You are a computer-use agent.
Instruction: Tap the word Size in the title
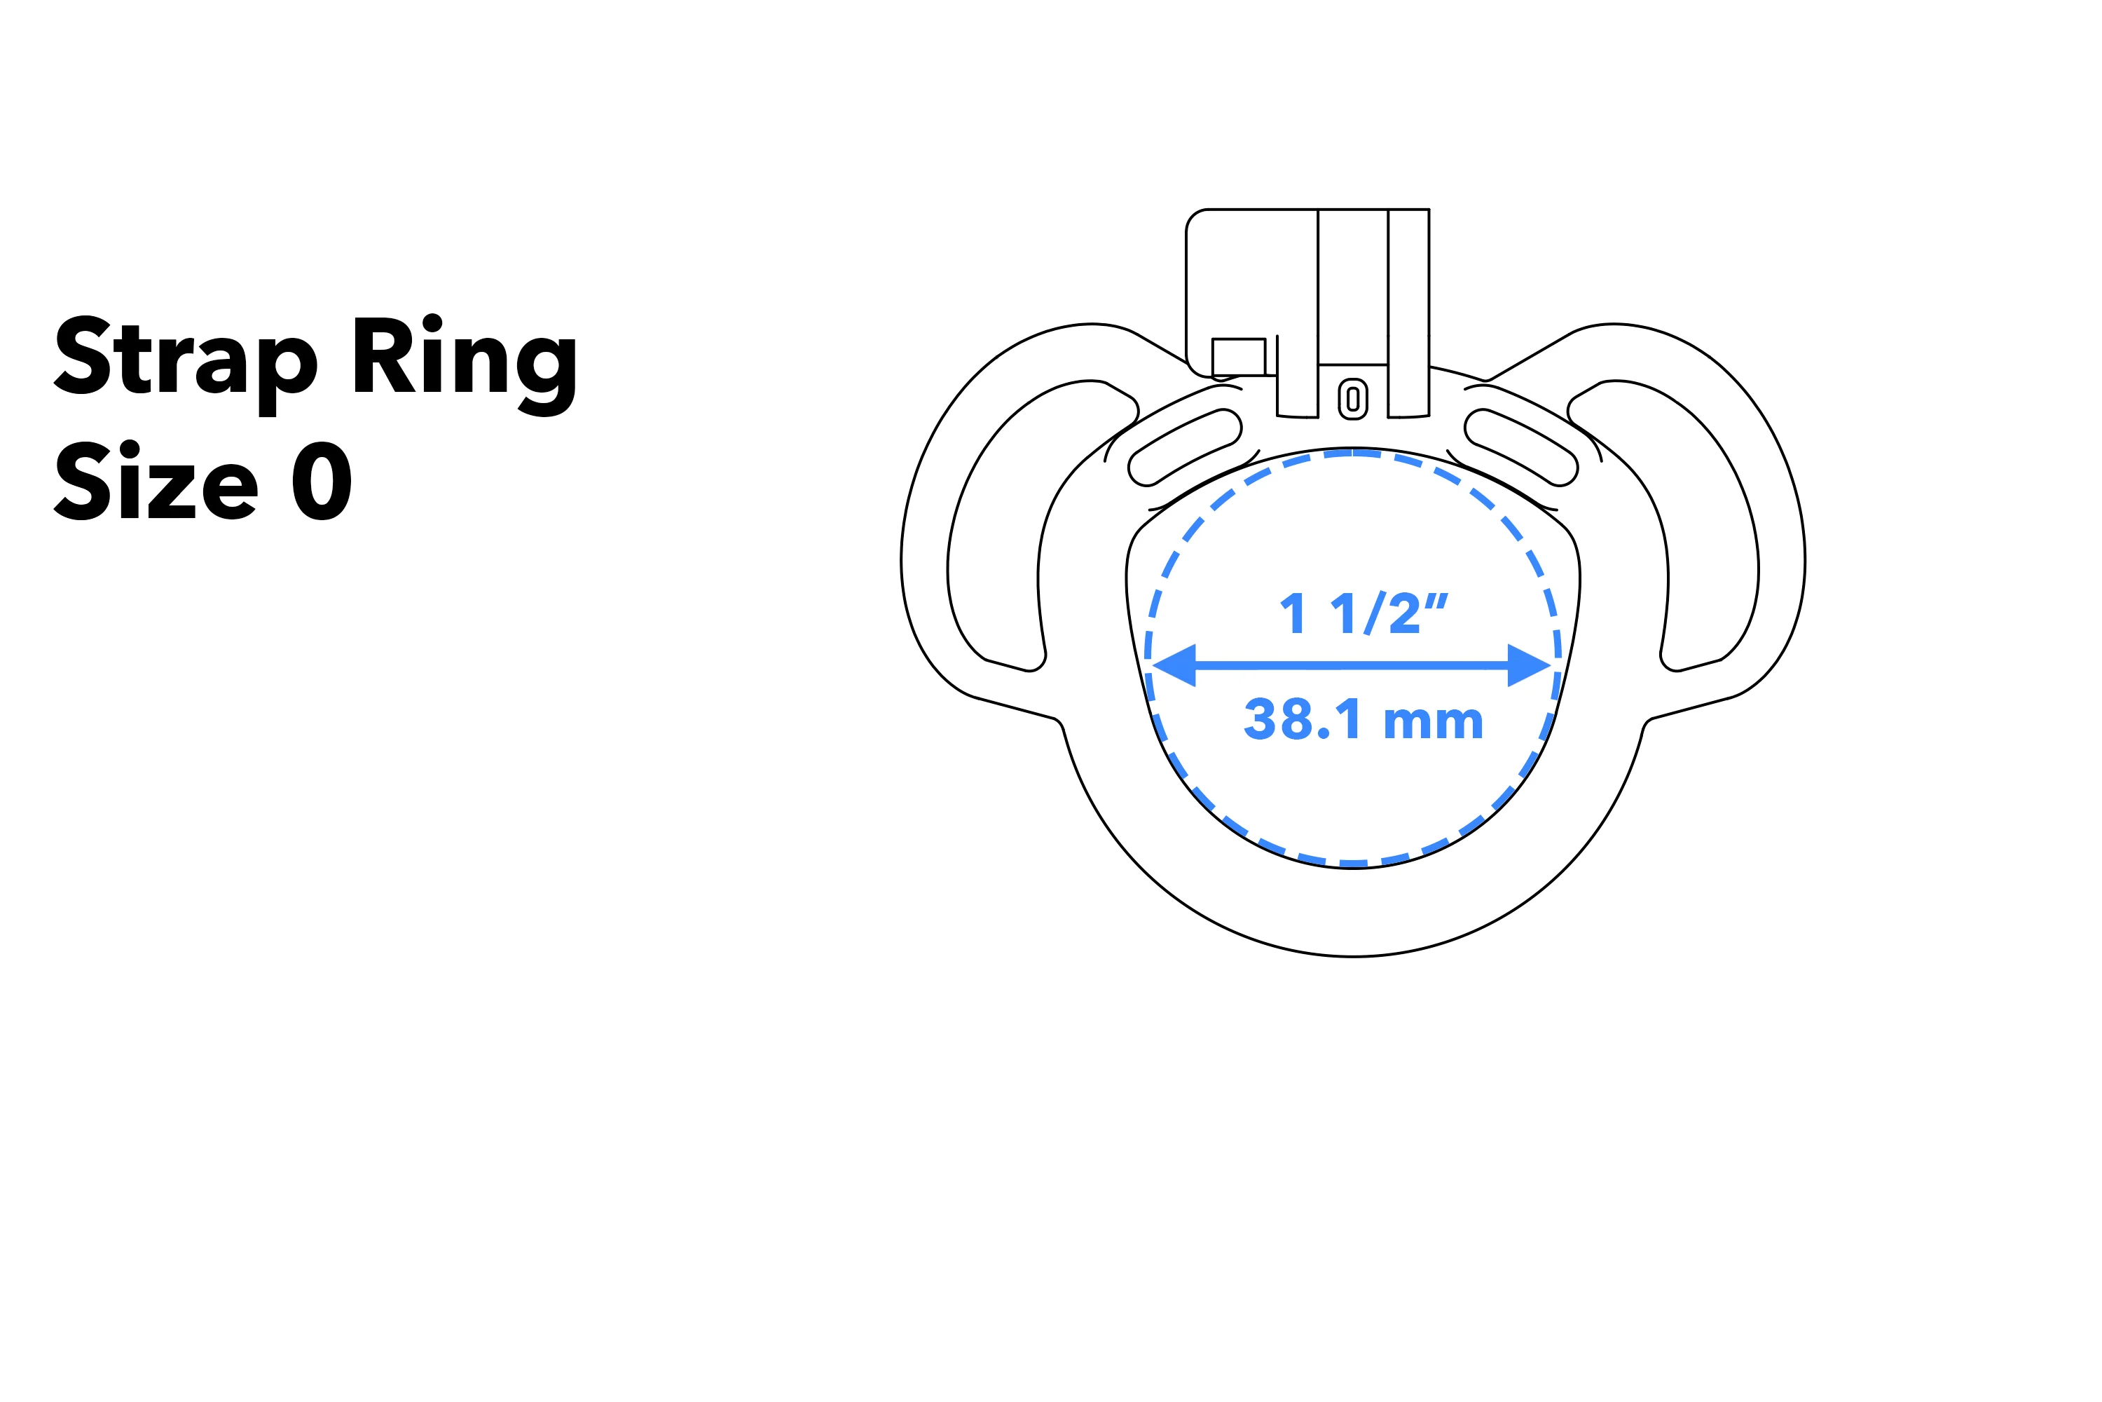click(x=156, y=480)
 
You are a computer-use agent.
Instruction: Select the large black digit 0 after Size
click(x=322, y=481)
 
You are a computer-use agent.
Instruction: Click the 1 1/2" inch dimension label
click(x=1362, y=613)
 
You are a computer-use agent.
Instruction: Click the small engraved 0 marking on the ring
click(x=1353, y=399)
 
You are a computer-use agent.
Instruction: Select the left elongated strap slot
click(x=1185, y=447)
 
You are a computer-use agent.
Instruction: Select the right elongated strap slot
click(x=1521, y=447)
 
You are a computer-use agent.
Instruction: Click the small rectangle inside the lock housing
click(x=1239, y=357)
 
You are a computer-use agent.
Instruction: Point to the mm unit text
click(x=1434, y=721)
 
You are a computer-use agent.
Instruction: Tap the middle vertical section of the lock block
click(x=1353, y=286)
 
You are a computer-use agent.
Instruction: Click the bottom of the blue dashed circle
click(x=1353, y=864)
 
